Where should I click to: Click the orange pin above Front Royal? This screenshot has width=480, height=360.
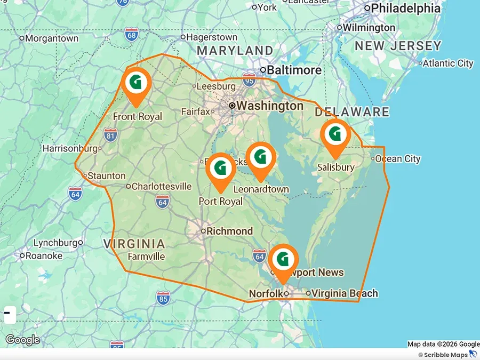coord(136,83)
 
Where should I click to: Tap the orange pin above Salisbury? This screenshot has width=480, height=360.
coord(335,134)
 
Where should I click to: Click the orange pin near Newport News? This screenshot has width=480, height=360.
coord(283,260)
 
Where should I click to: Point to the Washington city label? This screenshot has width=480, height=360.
coord(269,106)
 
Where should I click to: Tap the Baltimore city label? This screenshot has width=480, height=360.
coord(294,70)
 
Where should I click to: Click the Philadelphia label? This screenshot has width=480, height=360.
coord(405,8)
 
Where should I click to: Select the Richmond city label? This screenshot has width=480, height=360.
coord(229,231)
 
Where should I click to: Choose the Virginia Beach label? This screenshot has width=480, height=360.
coord(345,293)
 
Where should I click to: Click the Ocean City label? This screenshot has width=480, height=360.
coord(397,158)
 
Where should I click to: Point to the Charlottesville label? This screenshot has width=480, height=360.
coord(161,186)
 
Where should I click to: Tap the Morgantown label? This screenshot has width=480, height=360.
coord(52,38)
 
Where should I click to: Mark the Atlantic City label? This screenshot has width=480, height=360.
coord(448,63)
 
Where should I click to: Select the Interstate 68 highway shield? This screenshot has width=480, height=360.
coord(132,35)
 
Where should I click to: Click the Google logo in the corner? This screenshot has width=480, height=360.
coord(22,340)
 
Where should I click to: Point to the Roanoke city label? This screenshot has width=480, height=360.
coord(44,255)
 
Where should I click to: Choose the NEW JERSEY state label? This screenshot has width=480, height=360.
coord(398,46)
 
